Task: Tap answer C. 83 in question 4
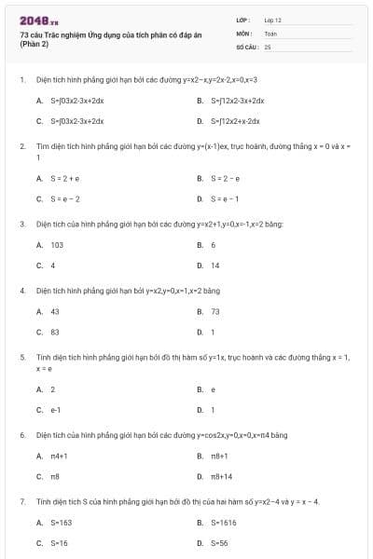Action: point(49,331)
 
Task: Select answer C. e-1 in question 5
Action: point(50,409)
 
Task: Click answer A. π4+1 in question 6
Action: point(55,456)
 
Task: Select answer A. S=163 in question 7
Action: point(55,522)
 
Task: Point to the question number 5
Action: point(22,357)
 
